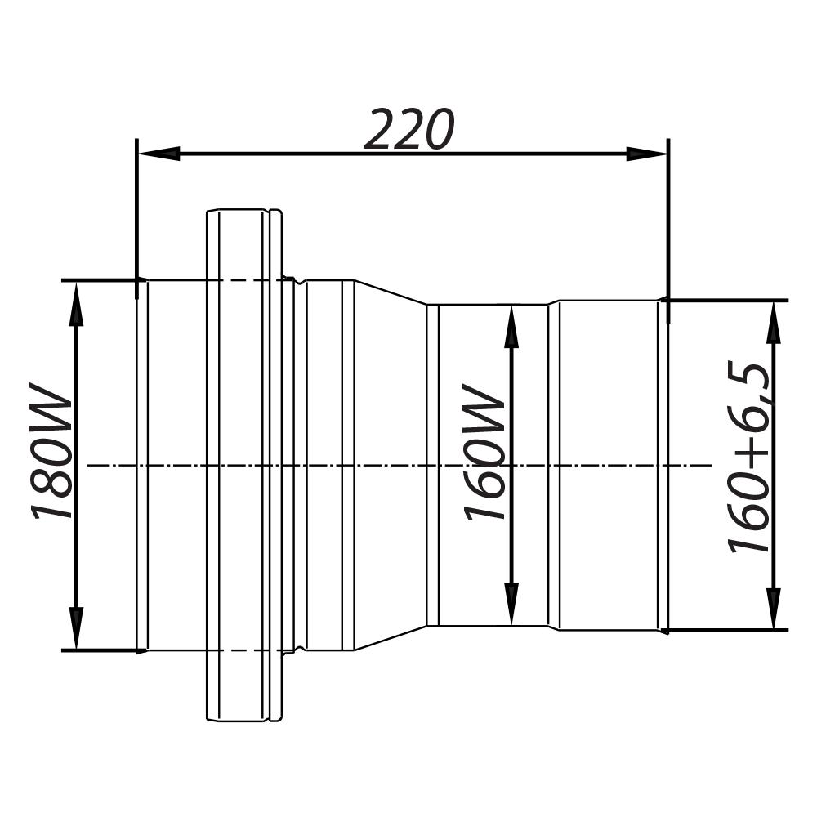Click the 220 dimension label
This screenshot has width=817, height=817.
408,129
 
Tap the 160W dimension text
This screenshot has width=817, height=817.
484,452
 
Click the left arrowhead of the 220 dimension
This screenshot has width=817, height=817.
159,154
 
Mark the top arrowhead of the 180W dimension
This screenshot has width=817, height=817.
77,302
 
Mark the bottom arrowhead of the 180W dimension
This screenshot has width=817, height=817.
77,629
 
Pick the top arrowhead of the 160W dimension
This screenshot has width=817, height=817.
511,326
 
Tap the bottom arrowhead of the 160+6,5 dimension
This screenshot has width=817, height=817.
772,609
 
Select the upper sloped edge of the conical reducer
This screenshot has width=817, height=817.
390,292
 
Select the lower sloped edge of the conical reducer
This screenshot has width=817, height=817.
390,639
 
